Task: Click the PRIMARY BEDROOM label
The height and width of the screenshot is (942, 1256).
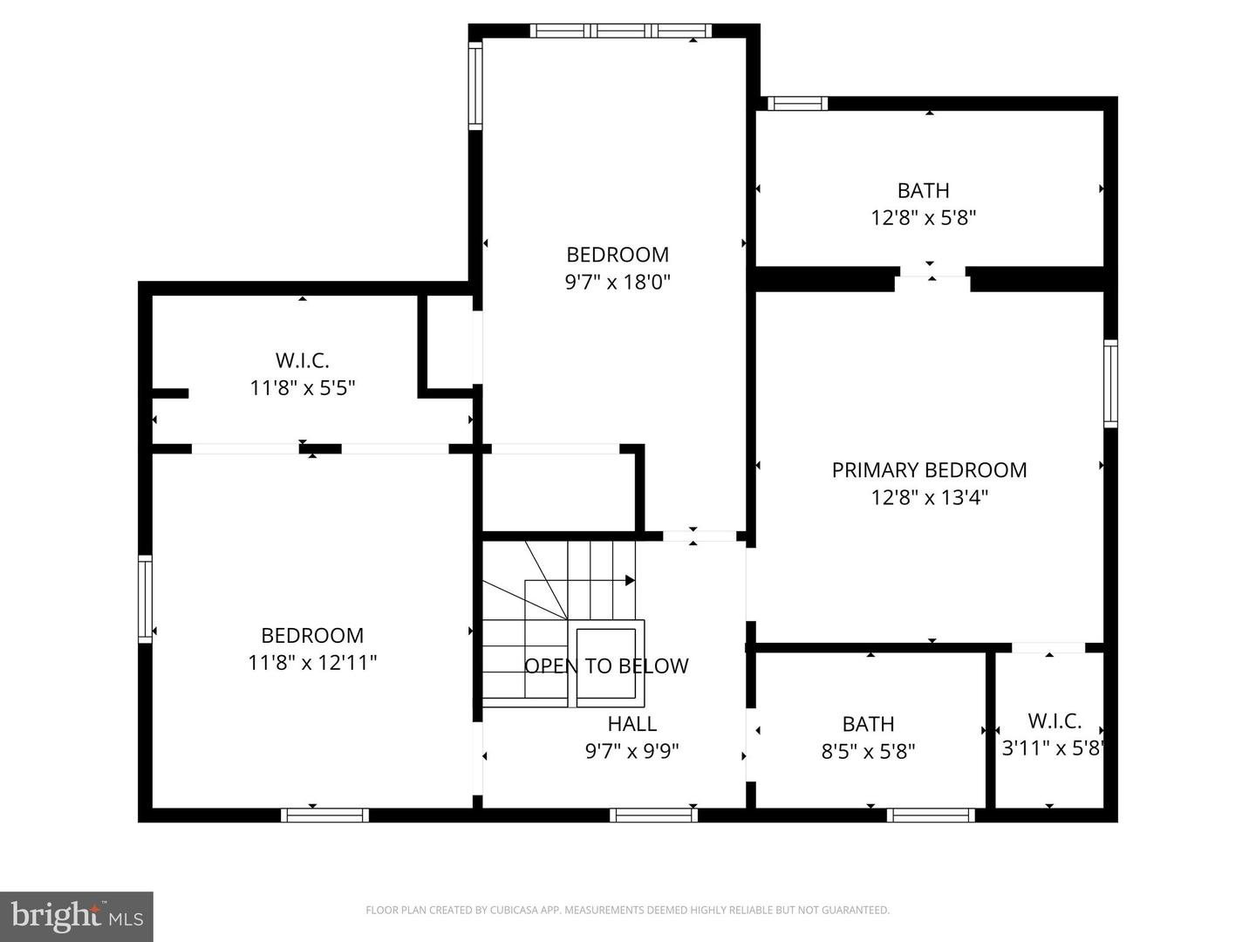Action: pos(929,470)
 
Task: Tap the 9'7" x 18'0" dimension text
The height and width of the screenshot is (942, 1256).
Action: pos(618,282)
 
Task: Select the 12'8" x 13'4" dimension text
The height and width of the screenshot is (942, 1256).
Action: pos(929,497)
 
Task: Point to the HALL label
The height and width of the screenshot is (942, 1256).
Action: pos(631,724)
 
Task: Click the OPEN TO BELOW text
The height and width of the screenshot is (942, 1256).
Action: pos(606,666)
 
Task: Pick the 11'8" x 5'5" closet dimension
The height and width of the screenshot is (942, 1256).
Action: pos(303,388)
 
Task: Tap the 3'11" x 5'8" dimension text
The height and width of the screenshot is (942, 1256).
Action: pos(1053,748)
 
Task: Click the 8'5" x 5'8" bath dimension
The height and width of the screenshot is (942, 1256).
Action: pos(868,751)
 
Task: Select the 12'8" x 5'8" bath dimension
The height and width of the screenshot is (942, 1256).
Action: pos(923,218)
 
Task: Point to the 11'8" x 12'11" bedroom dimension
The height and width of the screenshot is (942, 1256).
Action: pos(312,663)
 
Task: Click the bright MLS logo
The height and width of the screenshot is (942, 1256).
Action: pos(77,916)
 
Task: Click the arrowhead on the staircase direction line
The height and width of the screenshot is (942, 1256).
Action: pos(630,581)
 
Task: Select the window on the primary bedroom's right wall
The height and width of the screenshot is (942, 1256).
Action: pos(1110,383)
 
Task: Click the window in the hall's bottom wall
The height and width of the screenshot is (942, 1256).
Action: pos(653,815)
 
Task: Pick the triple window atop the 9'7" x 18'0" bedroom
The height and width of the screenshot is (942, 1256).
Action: pos(621,31)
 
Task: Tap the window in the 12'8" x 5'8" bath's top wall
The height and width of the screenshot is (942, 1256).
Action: pos(797,104)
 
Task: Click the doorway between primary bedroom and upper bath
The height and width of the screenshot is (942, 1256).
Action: pos(932,278)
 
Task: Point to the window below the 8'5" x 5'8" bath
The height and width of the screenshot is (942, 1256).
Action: pos(931,815)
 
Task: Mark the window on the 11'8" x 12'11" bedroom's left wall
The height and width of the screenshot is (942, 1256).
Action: pos(146,599)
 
